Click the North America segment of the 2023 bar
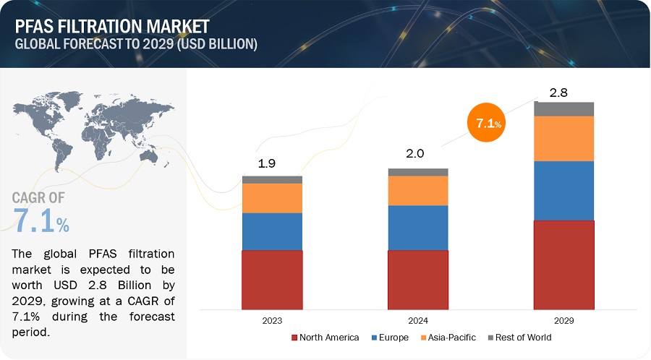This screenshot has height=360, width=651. pos(272,280)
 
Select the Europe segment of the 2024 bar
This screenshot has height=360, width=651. pos(418,228)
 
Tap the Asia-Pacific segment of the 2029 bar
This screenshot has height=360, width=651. pos(563,138)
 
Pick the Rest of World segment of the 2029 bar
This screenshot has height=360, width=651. pos(563,109)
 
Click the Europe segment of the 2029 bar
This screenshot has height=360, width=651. pos(563,190)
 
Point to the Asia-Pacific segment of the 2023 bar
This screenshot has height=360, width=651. pos(272,198)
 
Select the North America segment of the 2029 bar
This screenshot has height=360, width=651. pos(563,265)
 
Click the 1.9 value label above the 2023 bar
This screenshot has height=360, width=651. pos(267,163)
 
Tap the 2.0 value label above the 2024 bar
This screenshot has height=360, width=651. pos(414,154)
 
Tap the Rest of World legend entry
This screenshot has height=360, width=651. pos(519,338)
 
